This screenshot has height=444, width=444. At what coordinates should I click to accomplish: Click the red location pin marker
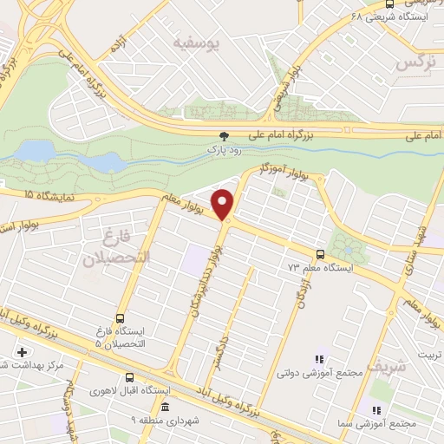(224, 204)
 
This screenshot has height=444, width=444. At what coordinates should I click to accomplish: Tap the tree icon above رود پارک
(225, 136)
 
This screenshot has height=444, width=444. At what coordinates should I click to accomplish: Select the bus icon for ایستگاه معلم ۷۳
(321, 254)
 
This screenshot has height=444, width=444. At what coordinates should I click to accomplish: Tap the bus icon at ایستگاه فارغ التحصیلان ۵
(119, 317)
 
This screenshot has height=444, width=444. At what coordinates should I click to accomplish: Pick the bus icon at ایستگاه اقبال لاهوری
(130, 377)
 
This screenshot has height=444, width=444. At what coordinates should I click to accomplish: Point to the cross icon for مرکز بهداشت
(22, 352)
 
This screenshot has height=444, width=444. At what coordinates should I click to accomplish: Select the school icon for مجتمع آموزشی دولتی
(320, 359)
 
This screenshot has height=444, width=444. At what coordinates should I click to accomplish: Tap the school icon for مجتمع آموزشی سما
(375, 409)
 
